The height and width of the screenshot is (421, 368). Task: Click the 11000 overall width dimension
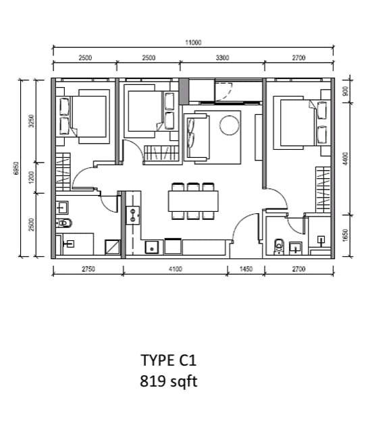193,43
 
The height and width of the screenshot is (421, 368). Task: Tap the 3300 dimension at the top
222,58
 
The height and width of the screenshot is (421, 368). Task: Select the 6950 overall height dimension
16,169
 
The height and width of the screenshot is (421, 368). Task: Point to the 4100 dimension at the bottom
176,269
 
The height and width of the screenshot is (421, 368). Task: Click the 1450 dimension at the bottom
246,269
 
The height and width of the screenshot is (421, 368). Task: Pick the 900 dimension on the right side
346,91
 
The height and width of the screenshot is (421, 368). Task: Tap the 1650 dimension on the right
346,235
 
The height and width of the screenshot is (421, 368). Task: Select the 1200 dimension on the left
32,177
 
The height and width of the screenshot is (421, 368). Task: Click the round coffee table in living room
229,125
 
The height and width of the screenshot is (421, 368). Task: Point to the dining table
193,201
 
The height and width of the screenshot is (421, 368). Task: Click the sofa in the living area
196,137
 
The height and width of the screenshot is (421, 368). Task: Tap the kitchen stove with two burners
133,215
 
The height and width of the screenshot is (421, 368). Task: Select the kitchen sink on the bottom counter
152,248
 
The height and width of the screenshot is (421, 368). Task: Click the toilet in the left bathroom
64,223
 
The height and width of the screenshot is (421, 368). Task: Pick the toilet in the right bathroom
279,247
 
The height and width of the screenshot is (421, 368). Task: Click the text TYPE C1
169,360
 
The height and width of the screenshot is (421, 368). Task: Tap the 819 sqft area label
169,381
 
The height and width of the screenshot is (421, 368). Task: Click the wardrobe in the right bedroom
323,190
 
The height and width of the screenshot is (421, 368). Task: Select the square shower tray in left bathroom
112,247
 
